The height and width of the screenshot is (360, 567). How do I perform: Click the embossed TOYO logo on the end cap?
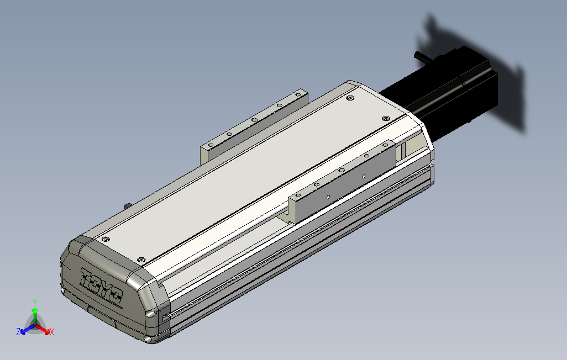click(x=101, y=286)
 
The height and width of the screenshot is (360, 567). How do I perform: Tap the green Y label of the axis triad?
click(x=35, y=302)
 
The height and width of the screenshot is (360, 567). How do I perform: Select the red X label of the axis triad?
click(x=52, y=332)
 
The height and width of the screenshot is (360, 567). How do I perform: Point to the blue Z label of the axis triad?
click(x=18, y=331)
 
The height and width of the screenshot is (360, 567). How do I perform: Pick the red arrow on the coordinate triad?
click(x=43, y=329)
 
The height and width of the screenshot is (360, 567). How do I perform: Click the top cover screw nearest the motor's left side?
click(x=350, y=98)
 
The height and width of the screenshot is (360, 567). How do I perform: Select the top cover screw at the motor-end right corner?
click(x=386, y=119)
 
